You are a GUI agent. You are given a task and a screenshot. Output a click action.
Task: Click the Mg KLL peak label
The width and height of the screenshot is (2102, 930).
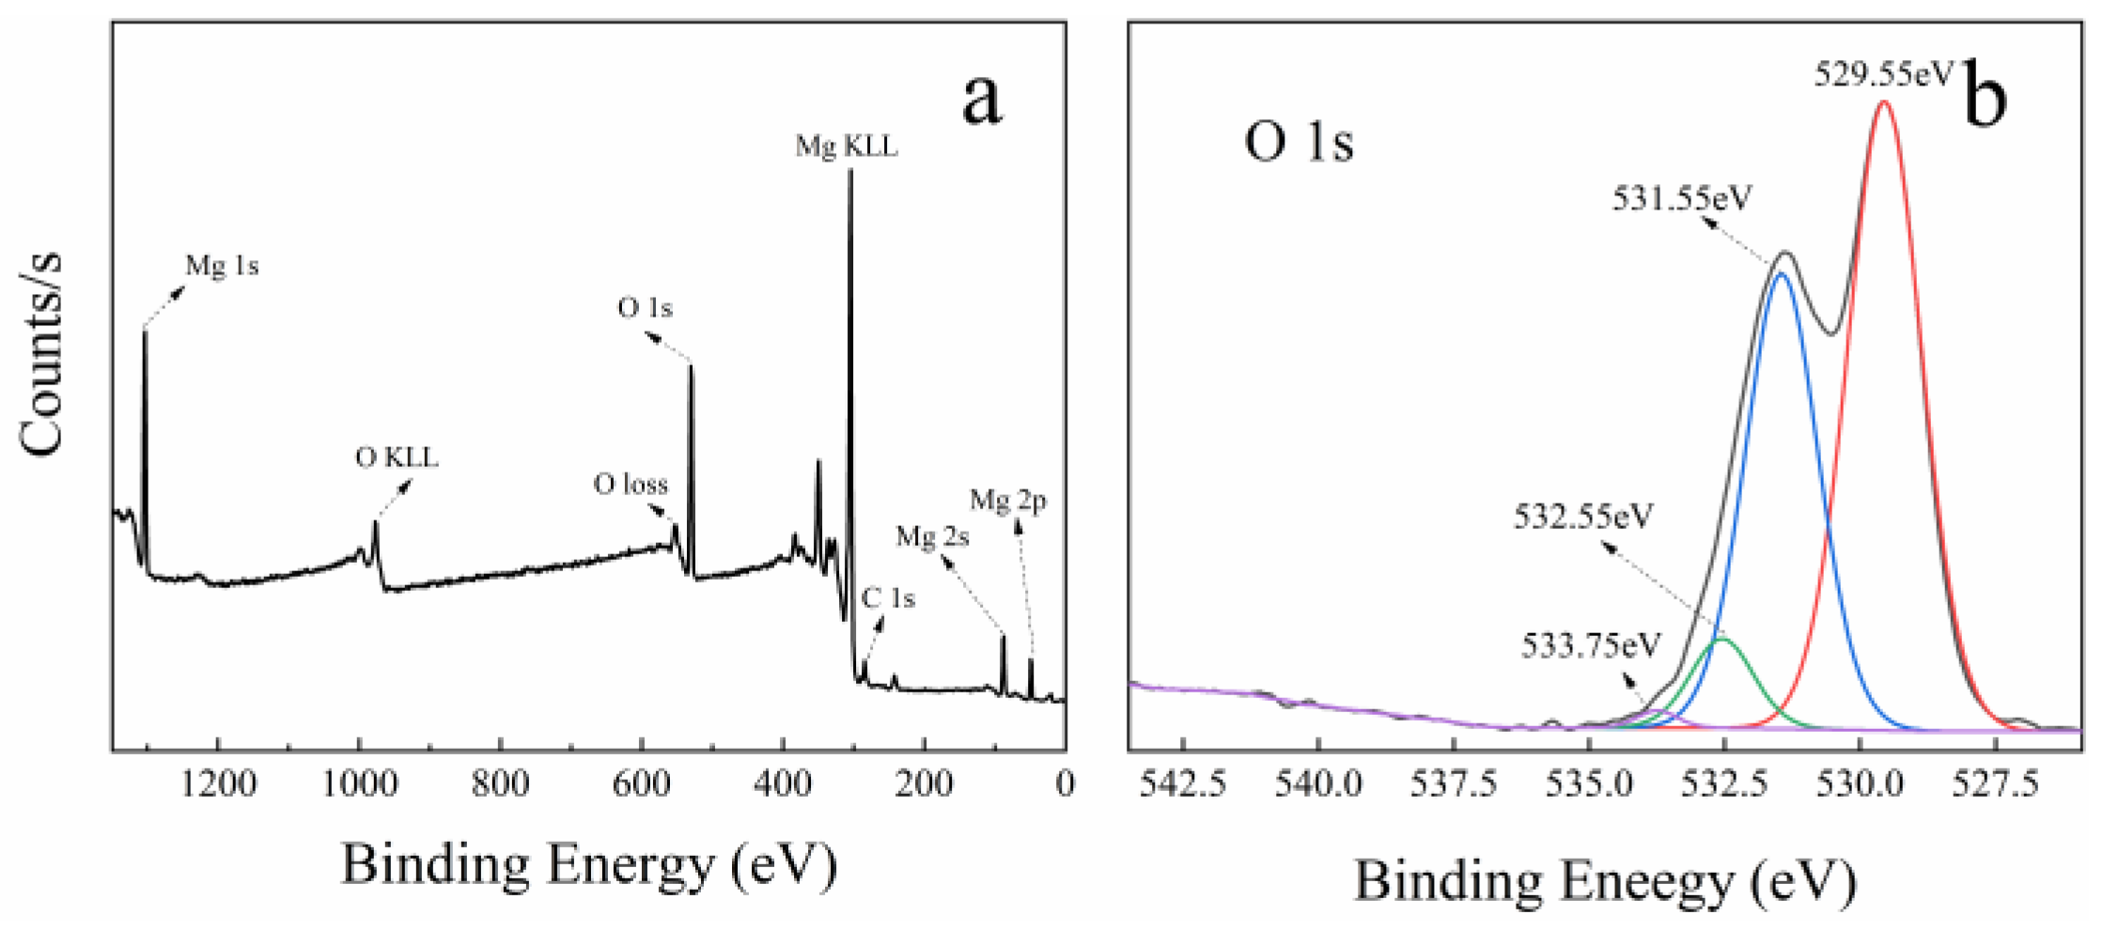(x=846, y=147)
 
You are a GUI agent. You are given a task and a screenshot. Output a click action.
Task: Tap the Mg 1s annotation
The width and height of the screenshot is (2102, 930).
(x=222, y=267)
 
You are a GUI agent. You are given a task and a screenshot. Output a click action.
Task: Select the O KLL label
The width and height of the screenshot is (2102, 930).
(x=397, y=458)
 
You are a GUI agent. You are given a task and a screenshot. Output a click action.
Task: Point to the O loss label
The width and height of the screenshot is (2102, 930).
(x=631, y=485)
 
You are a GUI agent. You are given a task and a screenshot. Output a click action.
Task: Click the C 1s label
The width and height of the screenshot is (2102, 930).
(x=888, y=598)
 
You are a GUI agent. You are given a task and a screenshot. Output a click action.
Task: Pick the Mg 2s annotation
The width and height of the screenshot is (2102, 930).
(x=932, y=537)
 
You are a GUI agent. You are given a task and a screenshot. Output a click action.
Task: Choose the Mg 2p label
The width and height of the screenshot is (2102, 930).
(x=1008, y=501)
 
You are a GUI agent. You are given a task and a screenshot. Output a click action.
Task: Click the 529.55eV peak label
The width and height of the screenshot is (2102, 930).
(x=1883, y=74)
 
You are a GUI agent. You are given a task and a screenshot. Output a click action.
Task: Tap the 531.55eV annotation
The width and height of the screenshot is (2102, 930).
(x=1682, y=199)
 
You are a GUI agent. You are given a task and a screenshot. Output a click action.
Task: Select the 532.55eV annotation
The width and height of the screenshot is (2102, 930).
(x=1582, y=517)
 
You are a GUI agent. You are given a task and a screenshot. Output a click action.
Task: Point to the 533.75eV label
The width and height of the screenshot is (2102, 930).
(x=1591, y=646)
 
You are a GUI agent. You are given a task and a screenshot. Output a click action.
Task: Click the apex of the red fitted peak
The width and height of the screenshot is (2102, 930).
(x=1883, y=101)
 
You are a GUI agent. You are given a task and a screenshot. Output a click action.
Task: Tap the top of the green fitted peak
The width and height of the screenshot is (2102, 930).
(x=1721, y=639)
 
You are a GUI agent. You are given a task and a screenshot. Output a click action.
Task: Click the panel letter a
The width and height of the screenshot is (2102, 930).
(x=982, y=99)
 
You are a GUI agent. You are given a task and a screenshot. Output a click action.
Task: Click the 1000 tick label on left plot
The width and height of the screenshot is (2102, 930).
(x=359, y=784)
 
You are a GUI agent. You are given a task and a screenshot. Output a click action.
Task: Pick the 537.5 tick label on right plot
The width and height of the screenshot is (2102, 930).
(x=1453, y=784)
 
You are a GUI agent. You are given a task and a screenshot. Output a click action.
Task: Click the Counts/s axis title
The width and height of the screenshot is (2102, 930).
(x=42, y=355)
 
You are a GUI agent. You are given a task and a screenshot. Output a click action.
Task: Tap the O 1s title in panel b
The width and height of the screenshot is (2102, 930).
(x=1299, y=143)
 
